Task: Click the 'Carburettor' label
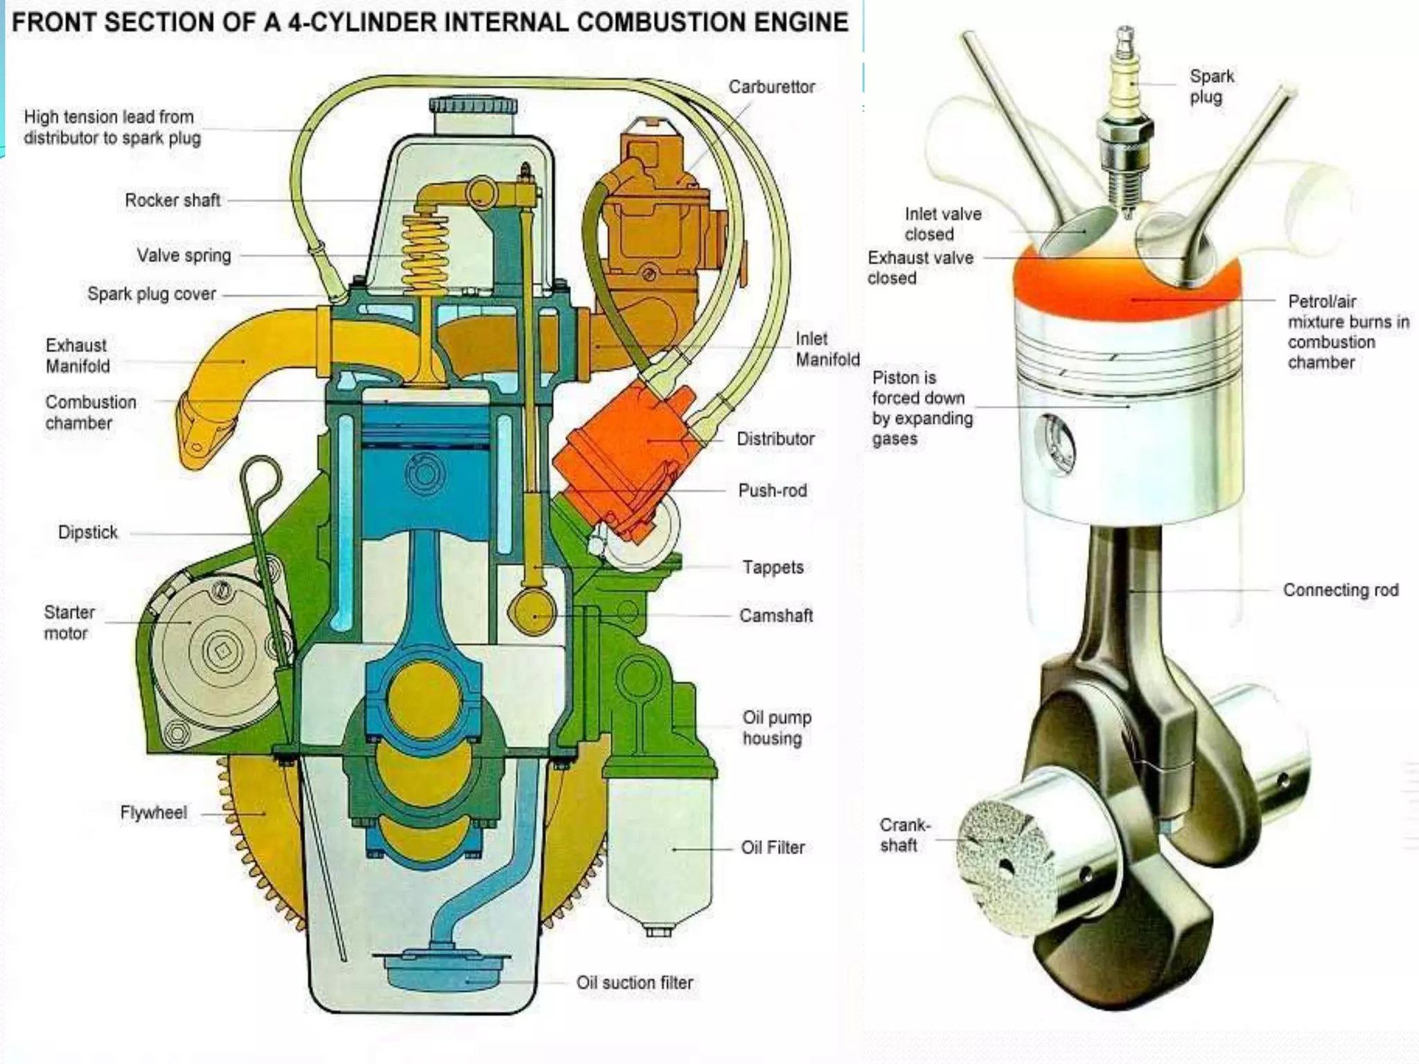pos(771,87)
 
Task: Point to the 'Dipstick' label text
pos(87,533)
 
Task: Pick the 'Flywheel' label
pos(153,813)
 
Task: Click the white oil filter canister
pos(658,852)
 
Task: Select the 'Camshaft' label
pos(775,616)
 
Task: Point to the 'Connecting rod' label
pos(1340,590)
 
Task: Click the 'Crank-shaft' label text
pos(904,835)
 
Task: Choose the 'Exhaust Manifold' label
pos(77,355)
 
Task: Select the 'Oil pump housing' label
pos(776,728)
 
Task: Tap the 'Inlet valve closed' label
pos(942,224)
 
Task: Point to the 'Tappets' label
pos(773,567)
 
